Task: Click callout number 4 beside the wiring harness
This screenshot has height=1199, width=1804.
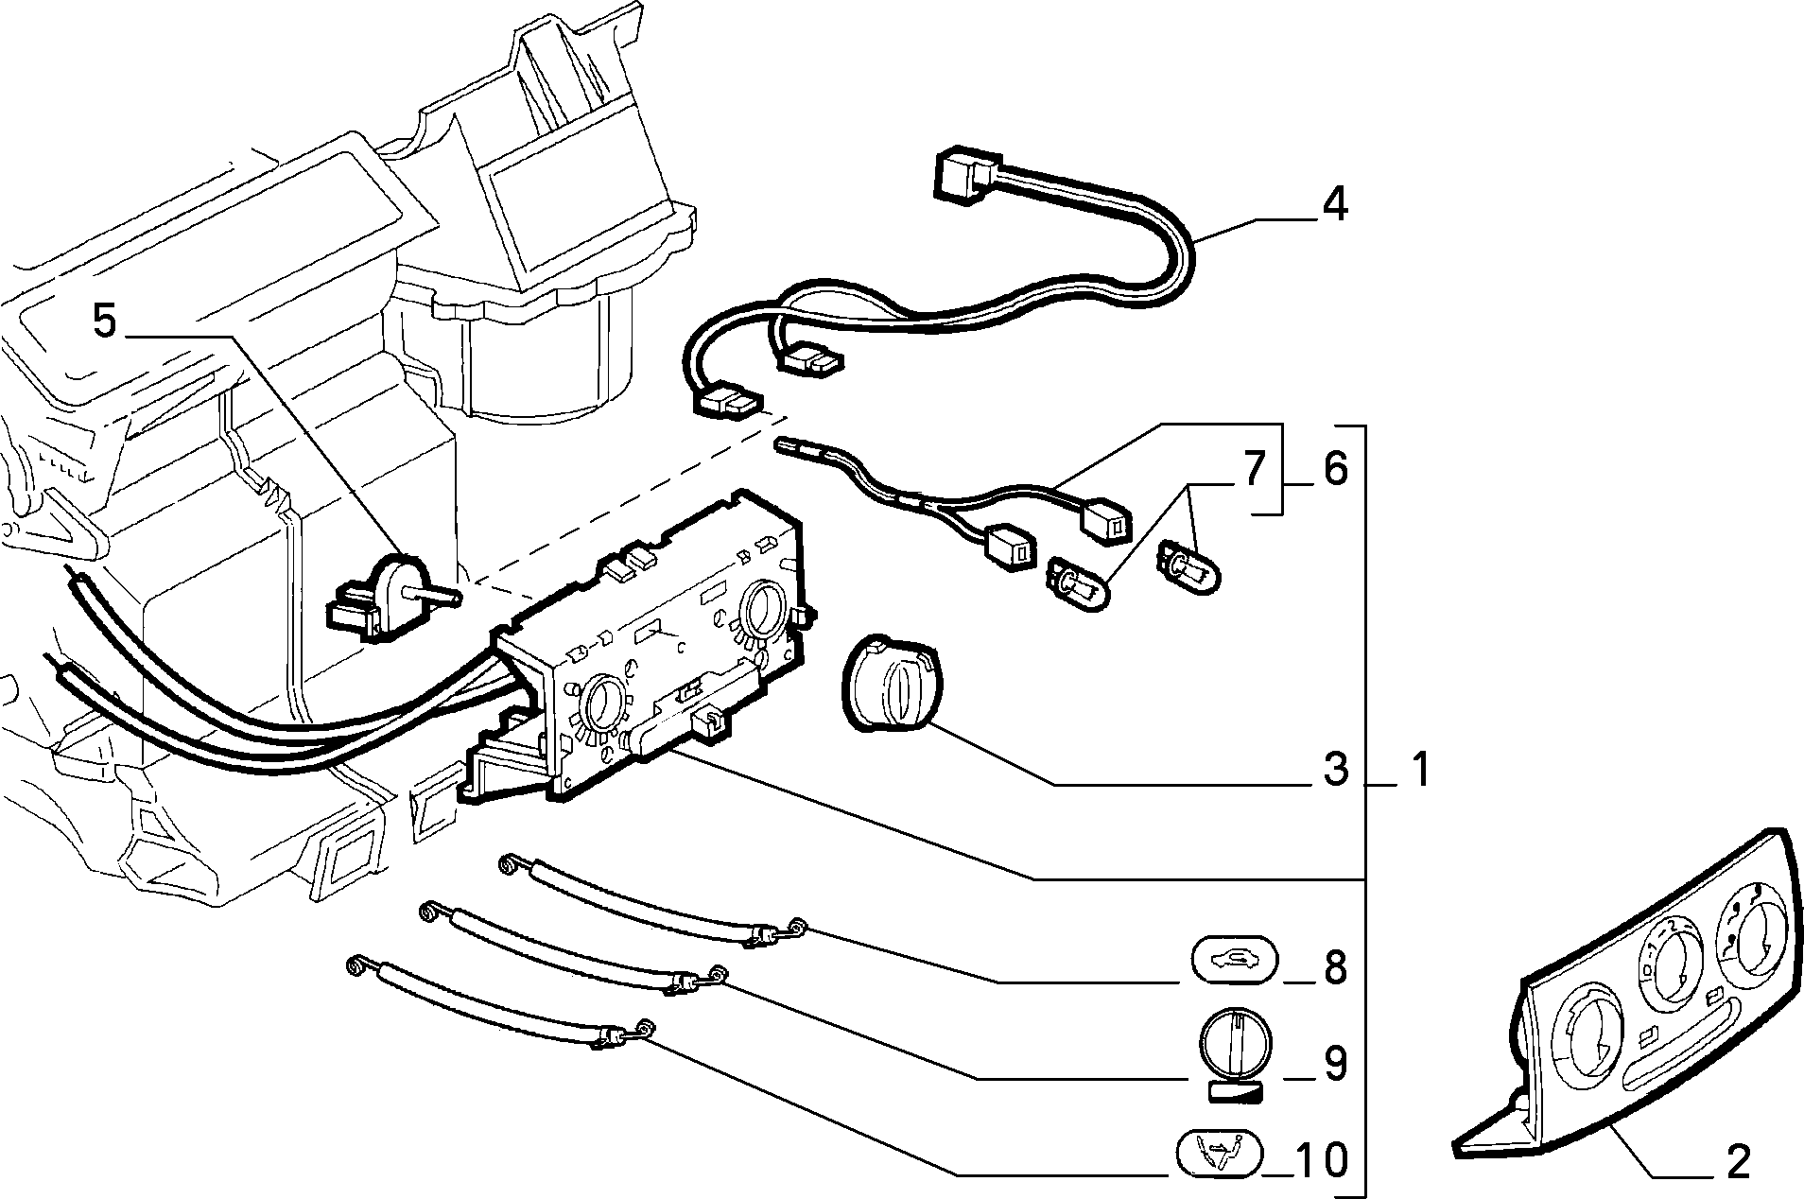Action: pos(1333,203)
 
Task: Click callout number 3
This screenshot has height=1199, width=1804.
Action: pos(1335,769)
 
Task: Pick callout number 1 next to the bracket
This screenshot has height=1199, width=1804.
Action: pos(1415,769)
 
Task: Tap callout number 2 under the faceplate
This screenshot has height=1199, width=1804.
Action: pos(1738,1160)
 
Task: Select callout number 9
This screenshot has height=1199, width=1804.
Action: pos(1335,1064)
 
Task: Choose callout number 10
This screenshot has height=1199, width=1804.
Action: pos(1322,1159)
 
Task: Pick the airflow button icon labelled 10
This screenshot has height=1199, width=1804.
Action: pos(1219,1154)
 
